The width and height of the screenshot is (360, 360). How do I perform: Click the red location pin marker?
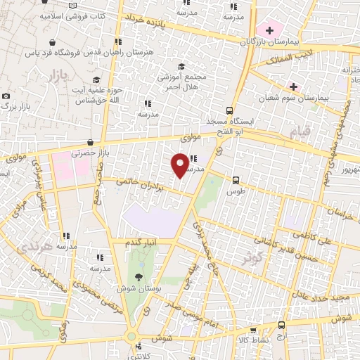[180, 165]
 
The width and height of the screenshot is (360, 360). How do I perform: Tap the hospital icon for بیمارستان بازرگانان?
[269, 30]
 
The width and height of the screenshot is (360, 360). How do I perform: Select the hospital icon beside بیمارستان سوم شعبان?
[293, 86]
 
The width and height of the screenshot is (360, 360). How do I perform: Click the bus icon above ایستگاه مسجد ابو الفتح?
[229, 110]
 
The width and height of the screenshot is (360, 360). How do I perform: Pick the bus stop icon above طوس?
[236, 179]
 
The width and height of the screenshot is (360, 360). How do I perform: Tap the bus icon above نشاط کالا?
[282, 325]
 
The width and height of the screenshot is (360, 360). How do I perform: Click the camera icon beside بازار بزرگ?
[6, 96]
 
